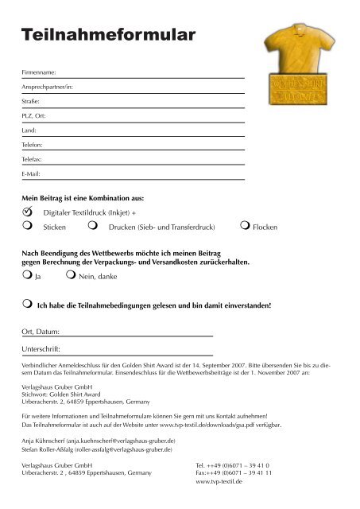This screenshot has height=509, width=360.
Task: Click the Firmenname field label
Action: pyautogui.click(x=39, y=72)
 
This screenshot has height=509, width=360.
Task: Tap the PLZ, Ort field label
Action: pyautogui.click(x=34, y=115)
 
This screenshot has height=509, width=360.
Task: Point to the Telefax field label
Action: pyautogui.click(x=33, y=159)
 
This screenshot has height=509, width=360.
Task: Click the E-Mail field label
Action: pyautogui.click(x=32, y=173)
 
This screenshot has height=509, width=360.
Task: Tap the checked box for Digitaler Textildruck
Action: pyautogui.click(x=28, y=212)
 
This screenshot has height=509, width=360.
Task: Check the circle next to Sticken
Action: pyautogui.click(x=28, y=227)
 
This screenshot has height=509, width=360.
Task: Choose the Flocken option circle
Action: pyautogui.click(x=244, y=227)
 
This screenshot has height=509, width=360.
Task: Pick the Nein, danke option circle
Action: pyautogui.click(x=71, y=278)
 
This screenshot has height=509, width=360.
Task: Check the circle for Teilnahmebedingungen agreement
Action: pyautogui.click(x=28, y=304)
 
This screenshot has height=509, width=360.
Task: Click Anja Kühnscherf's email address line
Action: pyautogui.click(x=99, y=439)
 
